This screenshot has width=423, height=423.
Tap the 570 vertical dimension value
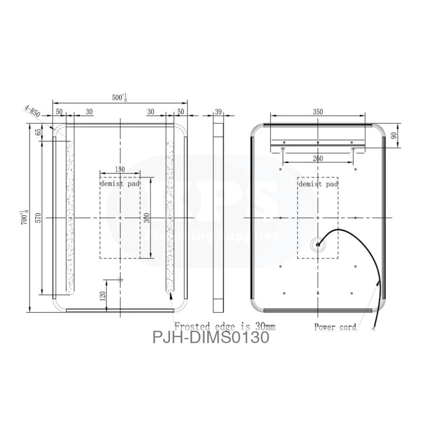click(x=39, y=218)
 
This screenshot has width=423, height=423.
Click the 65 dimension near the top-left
click(x=39, y=132)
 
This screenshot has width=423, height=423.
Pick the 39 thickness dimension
click(x=218, y=112)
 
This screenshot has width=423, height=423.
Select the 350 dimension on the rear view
click(x=317, y=112)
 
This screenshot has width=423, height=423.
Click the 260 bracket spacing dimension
click(x=317, y=158)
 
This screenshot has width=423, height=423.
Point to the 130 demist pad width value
click(x=120, y=169)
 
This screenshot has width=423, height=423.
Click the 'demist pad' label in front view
click(x=120, y=183)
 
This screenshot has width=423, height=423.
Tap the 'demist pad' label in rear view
click(x=318, y=183)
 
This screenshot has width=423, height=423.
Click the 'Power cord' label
click(x=335, y=327)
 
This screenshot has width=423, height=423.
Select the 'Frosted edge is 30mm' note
click(x=225, y=326)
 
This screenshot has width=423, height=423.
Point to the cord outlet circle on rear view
click(x=318, y=244)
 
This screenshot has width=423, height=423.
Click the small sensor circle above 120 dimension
click(x=120, y=280)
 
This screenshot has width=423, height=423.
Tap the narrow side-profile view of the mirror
click(x=218, y=217)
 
